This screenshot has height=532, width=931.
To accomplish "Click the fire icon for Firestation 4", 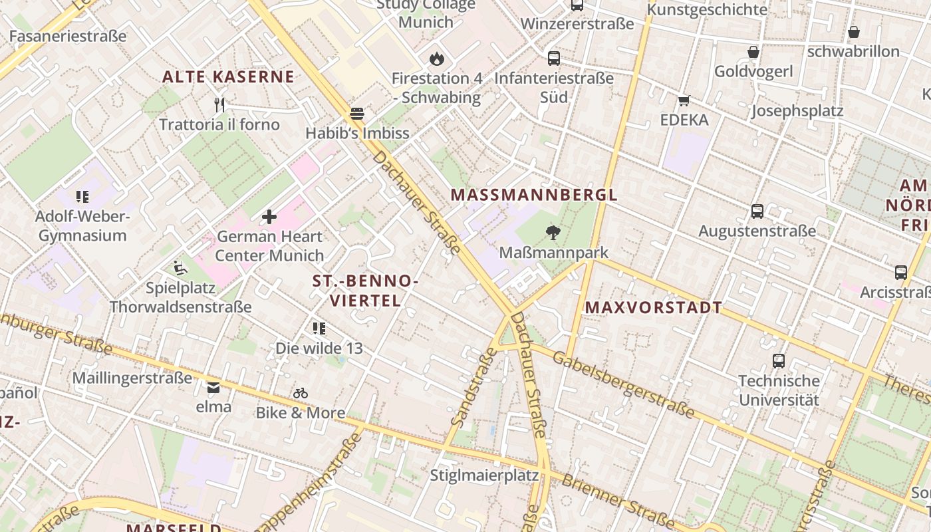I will click(x=436, y=59).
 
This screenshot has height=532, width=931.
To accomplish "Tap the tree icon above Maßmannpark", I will click(x=552, y=233).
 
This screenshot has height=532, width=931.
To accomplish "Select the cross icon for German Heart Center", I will click(x=269, y=217).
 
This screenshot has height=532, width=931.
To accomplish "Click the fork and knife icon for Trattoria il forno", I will click(x=219, y=104).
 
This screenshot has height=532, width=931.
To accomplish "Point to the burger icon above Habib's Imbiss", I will click(x=357, y=114).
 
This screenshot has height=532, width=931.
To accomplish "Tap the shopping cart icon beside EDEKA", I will click(x=684, y=101).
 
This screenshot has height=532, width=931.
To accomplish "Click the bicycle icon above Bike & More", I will click(x=301, y=393).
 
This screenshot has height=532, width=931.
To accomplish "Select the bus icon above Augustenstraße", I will click(x=757, y=211).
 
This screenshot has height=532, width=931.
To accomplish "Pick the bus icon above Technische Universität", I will click(x=779, y=361).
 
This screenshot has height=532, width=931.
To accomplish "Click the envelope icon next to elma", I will click(x=213, y=387).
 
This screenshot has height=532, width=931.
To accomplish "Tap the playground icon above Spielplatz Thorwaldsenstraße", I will click(x=180, y=268).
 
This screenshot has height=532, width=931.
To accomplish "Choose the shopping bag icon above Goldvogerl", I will click(x=753, y=52).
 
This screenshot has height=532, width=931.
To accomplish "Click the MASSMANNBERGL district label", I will click(x=534, y=195).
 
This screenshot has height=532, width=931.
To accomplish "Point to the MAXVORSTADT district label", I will click(x=654, y=307).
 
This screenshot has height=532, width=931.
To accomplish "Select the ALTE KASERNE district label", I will click(x=228, y=76).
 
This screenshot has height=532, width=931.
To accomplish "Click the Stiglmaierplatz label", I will click(x=484, y=475).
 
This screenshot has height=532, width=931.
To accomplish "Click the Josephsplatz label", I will click(x=797, y=111).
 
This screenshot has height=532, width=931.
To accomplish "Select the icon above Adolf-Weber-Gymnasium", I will click(x=82, y=197).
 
